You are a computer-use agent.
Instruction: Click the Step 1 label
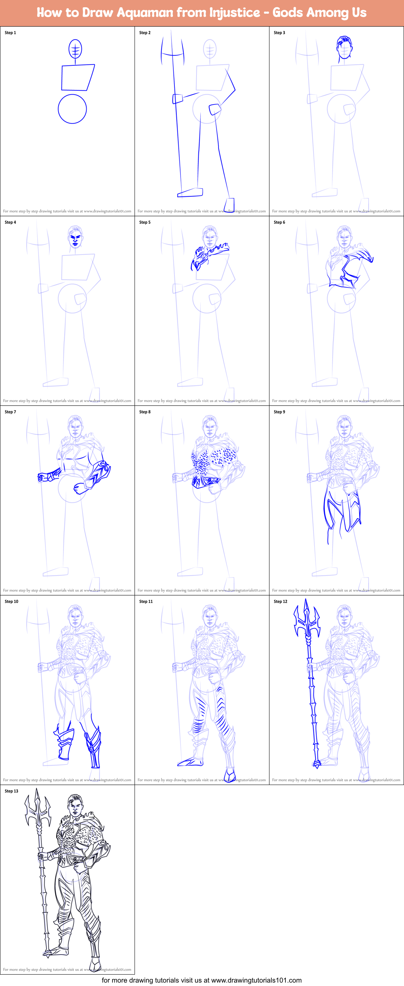coord(10,33)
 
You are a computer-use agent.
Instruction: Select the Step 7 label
coord(10,412)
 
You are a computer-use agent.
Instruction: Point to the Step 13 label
coord(11,791)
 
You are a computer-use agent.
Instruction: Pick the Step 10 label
coord(11,602)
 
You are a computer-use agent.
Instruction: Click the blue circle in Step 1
coord(72,109)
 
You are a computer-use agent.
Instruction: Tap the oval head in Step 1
coord(75,49)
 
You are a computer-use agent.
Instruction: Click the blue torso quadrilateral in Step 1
coord(78,77)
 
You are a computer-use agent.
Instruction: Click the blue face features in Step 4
coord(75,239)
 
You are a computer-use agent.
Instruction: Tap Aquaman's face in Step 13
coord(75,808)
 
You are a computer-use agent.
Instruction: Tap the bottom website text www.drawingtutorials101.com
coord(256,980)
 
